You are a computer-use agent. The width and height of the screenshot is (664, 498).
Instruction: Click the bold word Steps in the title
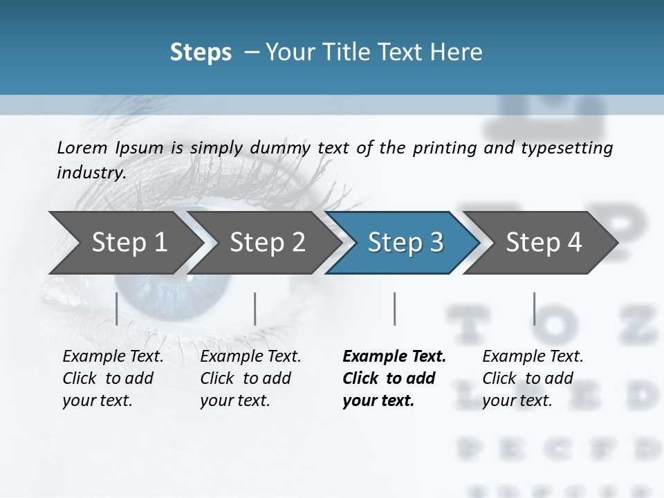coord(201,52)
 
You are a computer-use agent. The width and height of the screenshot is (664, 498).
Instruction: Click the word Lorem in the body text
coord(82,147)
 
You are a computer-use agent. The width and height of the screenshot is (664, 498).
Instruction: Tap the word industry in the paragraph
coord(91,172)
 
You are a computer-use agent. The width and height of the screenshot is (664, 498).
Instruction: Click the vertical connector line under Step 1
coord(117,308)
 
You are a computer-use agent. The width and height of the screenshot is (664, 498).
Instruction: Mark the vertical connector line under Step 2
coord(255,308)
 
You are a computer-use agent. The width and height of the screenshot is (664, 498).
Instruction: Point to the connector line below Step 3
coord(394,308)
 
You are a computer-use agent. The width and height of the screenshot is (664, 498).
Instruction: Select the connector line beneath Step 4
coord(534,308)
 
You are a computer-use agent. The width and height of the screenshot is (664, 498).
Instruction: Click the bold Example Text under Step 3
coord(394,356)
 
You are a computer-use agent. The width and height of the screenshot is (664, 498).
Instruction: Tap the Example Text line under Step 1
coord(113,356)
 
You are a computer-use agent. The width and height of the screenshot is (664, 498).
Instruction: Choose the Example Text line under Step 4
coord(533,356)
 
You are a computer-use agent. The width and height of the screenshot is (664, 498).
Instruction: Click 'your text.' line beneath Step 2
coord(234,400)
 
